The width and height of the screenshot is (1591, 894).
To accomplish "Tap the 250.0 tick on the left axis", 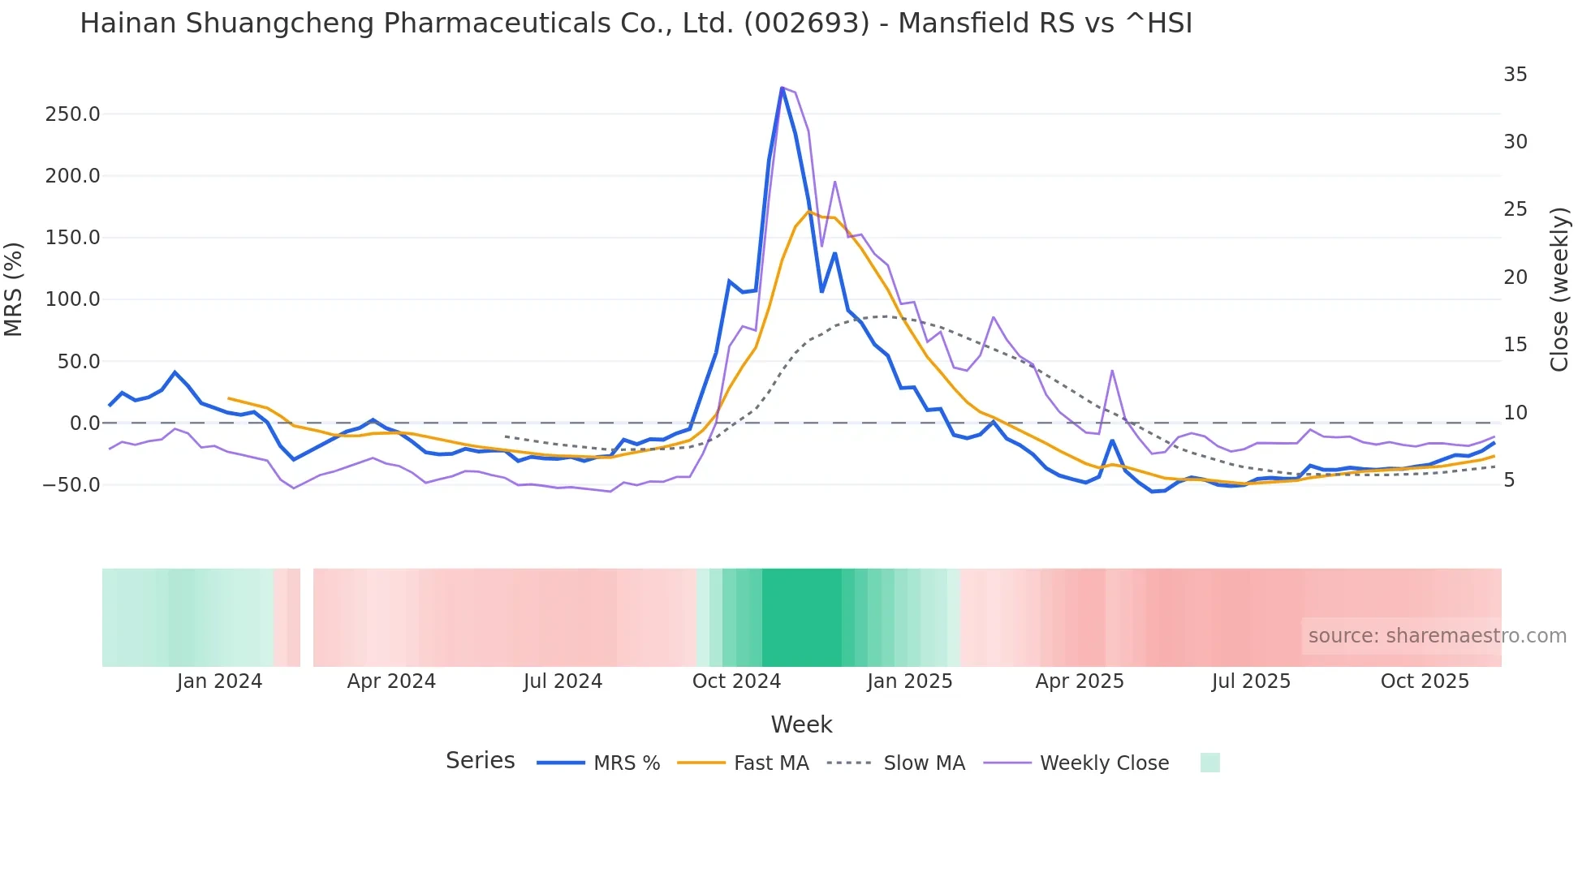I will tap(72, 114).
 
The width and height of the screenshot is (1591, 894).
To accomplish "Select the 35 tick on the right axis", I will tap(1515, 75).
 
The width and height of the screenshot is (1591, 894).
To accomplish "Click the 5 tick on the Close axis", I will tap(1509, 480).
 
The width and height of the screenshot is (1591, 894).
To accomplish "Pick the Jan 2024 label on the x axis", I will tap(219, 681).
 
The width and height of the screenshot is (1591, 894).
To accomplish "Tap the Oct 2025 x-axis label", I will tap(1425, 681).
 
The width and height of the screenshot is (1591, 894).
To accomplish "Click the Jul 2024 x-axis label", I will tap(563, 681).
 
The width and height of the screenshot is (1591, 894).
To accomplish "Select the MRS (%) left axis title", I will tap(14, 290).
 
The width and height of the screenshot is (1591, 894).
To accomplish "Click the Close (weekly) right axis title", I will tap(1559, 290).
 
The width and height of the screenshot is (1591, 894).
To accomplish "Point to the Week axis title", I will tap(801, 724).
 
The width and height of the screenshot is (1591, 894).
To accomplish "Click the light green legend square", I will tap(1209, 763).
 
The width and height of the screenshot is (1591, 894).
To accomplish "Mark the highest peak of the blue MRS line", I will tap(782, 88).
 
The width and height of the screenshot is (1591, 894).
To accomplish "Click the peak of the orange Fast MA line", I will tap(808, 212).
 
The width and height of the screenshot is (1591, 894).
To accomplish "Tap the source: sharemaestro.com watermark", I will tap(1437, 636).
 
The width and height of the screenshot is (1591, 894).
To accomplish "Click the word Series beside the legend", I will tap(480, 761).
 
